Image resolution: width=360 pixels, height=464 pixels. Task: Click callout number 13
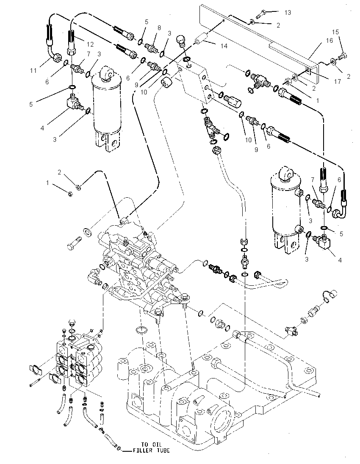(288, 12)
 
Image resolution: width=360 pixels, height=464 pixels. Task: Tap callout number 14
(224, 46)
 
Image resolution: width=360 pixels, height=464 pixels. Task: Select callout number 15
(335, 32)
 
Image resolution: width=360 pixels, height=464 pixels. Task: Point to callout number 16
(330, 41)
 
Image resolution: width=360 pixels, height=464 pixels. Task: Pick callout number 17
(338, 82)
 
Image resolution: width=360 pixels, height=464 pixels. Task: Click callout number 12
(90, 44)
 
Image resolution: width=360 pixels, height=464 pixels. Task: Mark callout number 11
(33, 70)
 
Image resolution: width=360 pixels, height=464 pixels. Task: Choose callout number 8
(159, 28)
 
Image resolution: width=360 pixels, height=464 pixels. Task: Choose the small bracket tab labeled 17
(308, 70)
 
